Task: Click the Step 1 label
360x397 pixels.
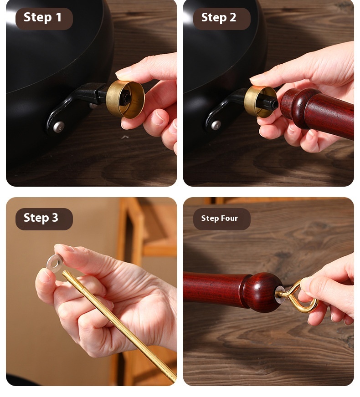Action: click(42, 17)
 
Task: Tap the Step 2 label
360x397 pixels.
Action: click(219, 17)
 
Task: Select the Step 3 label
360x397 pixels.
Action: click(41, 218)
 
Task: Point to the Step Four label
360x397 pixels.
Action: click(219, 218)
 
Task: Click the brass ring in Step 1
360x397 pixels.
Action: click(125, 99)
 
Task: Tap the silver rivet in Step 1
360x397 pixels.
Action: click(58, 127)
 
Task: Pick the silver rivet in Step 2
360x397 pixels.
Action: click(216, 125)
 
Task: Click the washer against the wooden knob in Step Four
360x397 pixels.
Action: click(279, 295)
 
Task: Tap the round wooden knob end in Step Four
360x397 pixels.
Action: click(262, 292)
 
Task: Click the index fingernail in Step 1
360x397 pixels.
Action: click(124, 73)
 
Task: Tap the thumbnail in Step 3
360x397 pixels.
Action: click(44, 276)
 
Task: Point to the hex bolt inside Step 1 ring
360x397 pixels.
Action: click(126, 97)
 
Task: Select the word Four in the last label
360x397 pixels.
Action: click(230, 218)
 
